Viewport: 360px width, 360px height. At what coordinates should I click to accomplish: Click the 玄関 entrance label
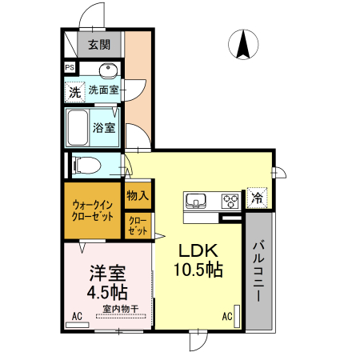tap(99, 45)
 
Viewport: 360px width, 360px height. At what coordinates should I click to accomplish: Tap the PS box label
tap(70, 69)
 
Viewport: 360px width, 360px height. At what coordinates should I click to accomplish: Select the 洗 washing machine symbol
tap(74, 91)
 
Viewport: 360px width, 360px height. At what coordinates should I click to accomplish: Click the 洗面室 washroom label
tap(104, 90)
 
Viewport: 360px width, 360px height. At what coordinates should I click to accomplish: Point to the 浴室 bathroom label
tap(104, 127)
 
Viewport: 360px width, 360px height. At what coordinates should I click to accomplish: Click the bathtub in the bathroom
tap(78, 126)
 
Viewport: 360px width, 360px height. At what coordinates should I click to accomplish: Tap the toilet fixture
tap(86, 166)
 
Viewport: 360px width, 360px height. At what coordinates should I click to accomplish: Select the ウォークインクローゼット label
tap(93, 211)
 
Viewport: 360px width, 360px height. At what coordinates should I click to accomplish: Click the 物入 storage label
tap(137, 194)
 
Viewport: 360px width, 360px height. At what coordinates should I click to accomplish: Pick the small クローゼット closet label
tap(137, 226)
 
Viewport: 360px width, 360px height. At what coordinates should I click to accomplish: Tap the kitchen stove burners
tap(230, 200)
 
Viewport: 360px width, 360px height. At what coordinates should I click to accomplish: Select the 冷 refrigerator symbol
tap(258, 197)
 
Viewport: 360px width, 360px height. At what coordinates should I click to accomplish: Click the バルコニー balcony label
tap(260, 272)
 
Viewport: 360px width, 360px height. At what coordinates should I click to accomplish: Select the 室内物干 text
tap(120, 309)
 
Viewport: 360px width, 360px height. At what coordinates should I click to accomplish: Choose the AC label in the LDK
tap(227, 316)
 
